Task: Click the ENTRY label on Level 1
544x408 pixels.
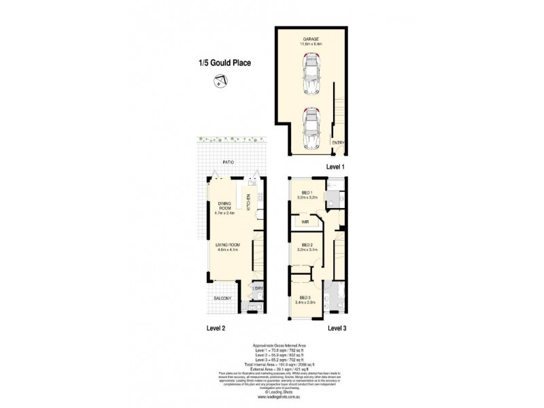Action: (338, 143)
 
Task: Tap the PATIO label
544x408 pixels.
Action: (228, 163)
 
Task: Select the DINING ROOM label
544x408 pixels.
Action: (225, 205)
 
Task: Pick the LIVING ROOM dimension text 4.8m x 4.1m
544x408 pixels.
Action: (225, 250)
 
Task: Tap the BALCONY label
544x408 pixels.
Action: (222, 299)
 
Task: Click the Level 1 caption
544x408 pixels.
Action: (337, 167)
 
